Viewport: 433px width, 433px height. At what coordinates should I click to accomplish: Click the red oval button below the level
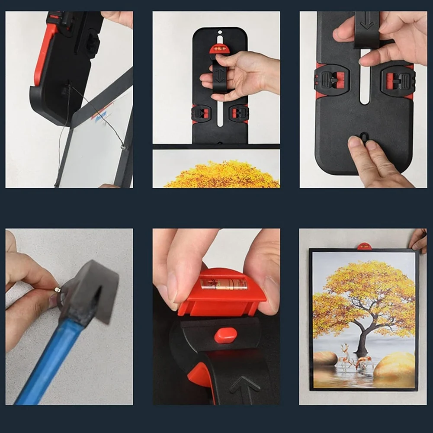(x=225, y=335)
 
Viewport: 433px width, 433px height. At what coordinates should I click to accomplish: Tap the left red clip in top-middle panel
(x=202, y=113)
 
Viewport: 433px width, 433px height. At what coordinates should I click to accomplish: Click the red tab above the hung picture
(x=364, y=247)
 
